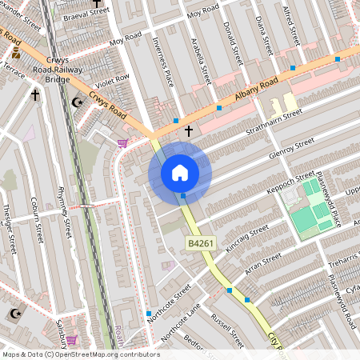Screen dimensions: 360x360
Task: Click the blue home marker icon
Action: coord(180,172)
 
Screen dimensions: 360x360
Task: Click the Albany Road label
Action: coord(257,90)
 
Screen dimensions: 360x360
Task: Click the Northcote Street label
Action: coord(170,302)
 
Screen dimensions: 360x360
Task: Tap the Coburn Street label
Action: coord(36,220)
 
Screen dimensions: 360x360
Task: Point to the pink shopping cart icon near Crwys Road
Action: coord(122,143)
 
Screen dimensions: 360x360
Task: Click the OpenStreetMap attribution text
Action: coord(80,354)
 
